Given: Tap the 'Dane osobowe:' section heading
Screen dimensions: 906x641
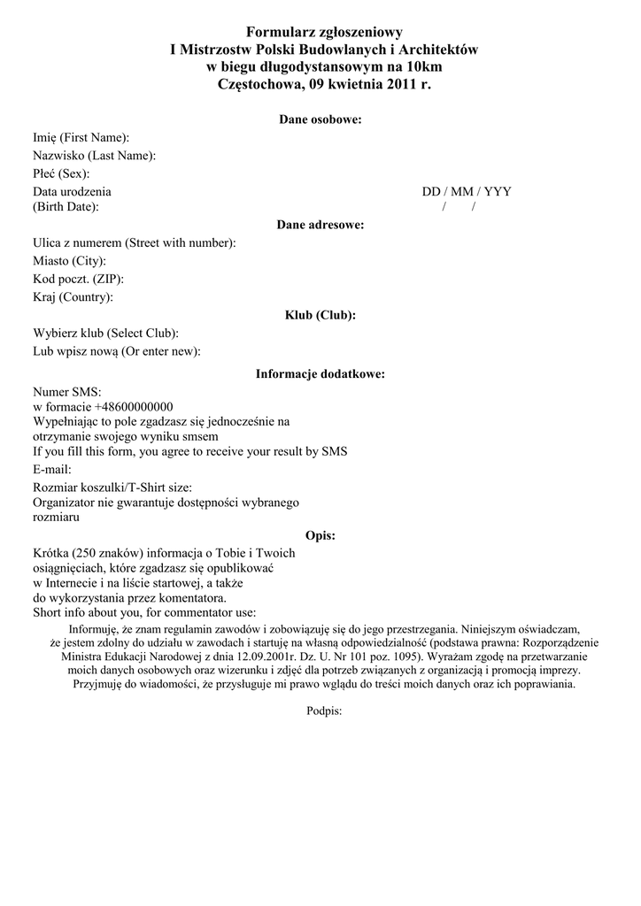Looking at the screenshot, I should click(x=320, y=119).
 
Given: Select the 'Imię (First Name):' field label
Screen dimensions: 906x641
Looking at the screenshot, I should click(x=81, y=138).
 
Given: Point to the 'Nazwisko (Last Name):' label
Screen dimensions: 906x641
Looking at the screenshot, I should click(x=95, y=156).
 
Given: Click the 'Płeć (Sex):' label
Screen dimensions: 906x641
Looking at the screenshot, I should click(x=62, y=173).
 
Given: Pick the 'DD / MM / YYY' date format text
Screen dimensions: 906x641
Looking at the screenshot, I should click(x=467, y=191).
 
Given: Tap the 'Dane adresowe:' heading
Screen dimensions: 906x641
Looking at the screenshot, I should click(x=320, y=226).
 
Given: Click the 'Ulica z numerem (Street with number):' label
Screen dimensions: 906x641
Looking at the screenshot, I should click(x=135, y=243).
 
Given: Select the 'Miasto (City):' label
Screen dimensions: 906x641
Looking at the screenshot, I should click(x=70, y=261).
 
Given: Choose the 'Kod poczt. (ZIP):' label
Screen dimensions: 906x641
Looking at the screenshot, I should click(x=79, y=280).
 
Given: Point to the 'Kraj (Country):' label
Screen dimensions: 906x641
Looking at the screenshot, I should click(x=73, y=297).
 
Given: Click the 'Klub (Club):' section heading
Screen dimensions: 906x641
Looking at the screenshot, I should click(x=320, y=315).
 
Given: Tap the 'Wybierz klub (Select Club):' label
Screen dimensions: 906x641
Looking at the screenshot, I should click(x=106, y=334).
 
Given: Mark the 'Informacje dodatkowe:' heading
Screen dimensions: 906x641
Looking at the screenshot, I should click(x=320, y=374).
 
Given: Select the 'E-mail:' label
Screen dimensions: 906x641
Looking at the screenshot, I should click(x=52, y=469).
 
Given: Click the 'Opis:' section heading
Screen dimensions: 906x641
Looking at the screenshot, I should click(x=320, y=535).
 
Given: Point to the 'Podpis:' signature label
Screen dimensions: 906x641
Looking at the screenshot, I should click(x=324, y=710).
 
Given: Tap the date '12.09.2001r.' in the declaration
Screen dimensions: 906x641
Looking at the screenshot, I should click(x=251, y=657).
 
